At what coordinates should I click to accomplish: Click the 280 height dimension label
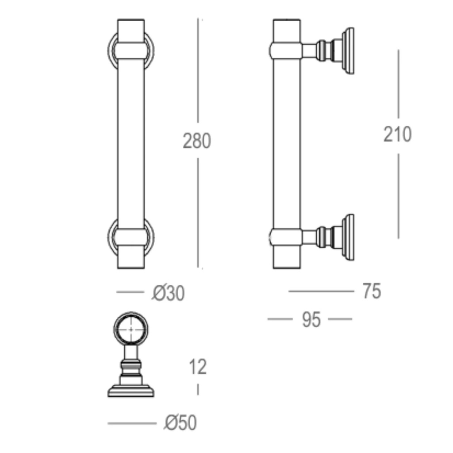point(197,141)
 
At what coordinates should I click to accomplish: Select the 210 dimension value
point(397,134)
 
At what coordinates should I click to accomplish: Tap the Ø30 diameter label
point(168,293)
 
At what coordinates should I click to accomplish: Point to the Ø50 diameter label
point(180,423)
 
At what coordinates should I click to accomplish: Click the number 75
point(371,292)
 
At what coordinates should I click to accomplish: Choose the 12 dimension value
point(197,367)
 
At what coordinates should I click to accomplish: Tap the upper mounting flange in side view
point(348,50)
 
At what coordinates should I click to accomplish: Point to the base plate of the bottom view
point(131,391)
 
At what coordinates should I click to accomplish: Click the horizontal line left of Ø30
point(130,292)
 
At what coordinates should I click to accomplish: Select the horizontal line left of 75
point(321,291)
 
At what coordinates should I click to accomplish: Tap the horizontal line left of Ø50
point(132,424)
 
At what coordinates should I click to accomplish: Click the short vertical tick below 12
point(197,389)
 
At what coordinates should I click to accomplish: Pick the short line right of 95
point(340,319)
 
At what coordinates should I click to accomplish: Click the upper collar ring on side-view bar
point(287,50)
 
